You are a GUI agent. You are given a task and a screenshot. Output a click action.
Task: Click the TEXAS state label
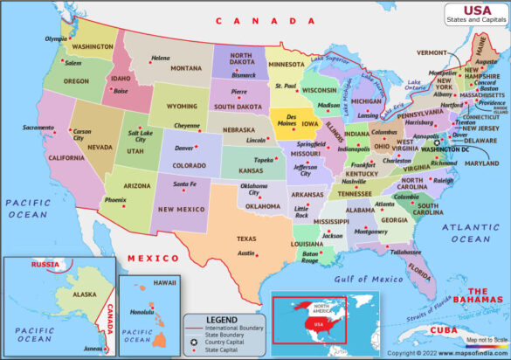(247, 239)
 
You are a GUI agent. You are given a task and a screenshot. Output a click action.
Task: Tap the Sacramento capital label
(38, 128)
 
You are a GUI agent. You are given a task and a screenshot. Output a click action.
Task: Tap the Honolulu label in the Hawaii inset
(142, 313)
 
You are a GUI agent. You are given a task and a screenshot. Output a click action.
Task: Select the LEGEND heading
(221, 319)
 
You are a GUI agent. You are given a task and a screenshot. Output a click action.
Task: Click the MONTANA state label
(186, 68)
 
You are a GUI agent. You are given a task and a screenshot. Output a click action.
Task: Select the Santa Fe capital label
(184, 184)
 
